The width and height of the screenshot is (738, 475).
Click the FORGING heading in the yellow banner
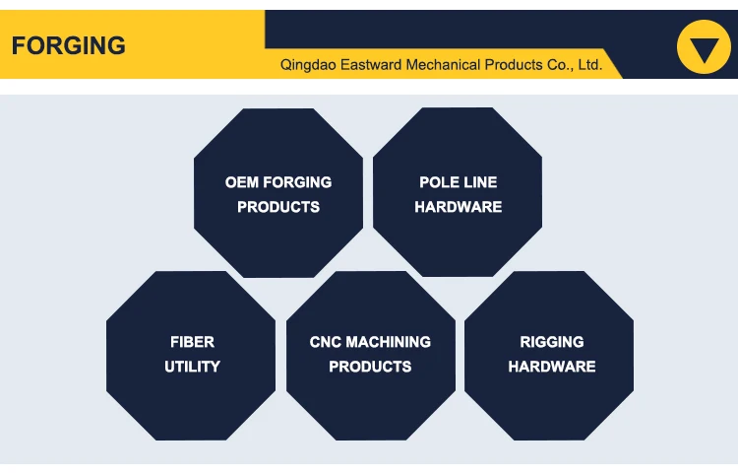[69, 45]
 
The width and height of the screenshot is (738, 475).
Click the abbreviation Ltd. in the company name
[588, 65]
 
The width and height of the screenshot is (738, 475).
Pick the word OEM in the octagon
[241, 182]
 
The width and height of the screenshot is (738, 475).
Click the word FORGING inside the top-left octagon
[296, 182]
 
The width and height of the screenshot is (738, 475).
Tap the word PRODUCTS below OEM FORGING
[278, 207]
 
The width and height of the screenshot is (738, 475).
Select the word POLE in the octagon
[438, 182]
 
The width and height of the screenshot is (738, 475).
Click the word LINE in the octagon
[479, 182]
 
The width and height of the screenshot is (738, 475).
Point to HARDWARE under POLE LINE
[458, 207]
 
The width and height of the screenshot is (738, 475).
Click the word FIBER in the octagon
[192, 342]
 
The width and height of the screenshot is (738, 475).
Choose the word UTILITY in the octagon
[192, 367]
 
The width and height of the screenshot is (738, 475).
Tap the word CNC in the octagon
[325, 342]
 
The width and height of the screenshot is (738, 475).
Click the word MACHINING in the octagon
[388, 342]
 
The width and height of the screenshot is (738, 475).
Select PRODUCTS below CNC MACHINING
[370, 367]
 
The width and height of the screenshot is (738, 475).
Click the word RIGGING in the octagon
[552, 342]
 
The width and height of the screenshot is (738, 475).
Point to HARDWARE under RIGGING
[552, 367]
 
